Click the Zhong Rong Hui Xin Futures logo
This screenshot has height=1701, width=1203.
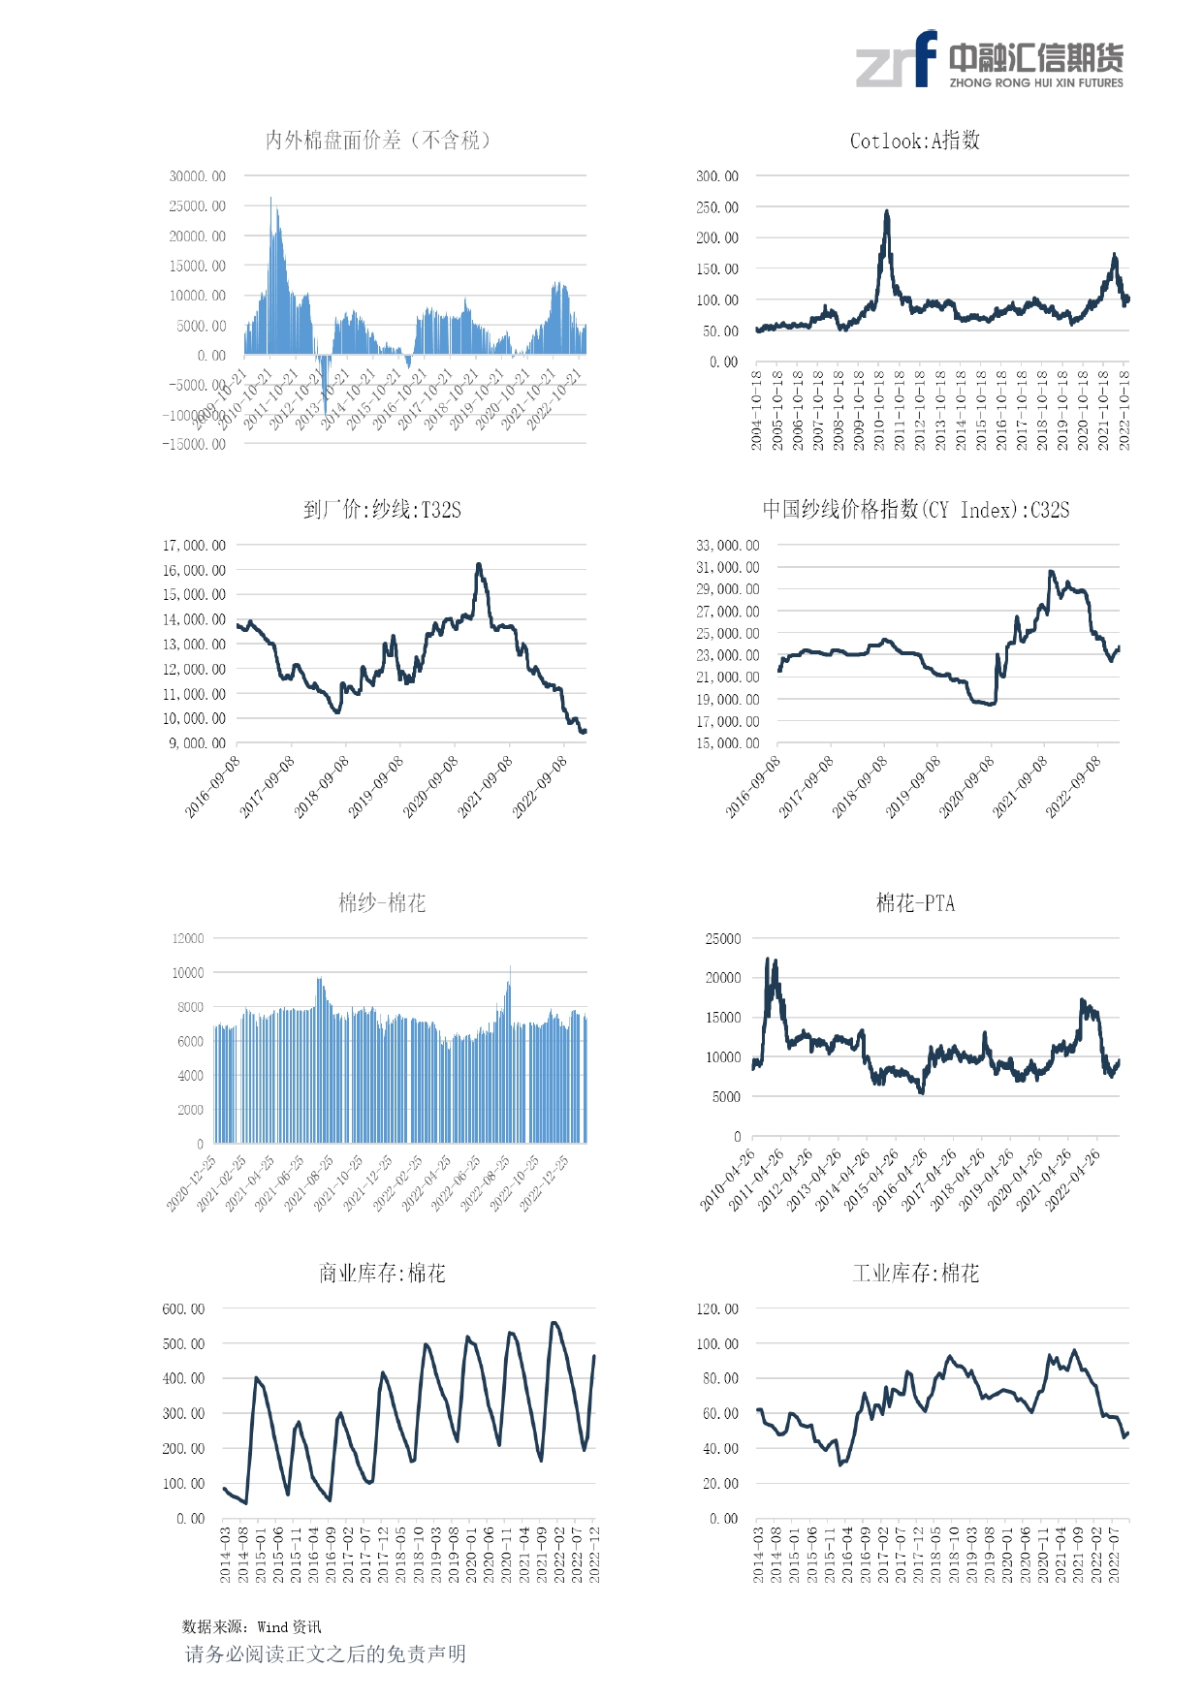tap(989, 60)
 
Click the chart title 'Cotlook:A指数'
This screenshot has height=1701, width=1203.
tap(914, 141)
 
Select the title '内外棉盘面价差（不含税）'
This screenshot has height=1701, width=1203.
tap(378, 141)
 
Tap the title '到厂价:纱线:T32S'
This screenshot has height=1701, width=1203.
tap(382, 510)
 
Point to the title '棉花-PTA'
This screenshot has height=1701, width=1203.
tap(915, 903)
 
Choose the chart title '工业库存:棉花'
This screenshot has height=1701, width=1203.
tap(915, 1274)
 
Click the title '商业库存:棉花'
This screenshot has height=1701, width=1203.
tap(382, 1274)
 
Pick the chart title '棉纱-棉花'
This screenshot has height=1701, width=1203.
tap(382, 903)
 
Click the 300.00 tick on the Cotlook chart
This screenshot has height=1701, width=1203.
tap(716, 176)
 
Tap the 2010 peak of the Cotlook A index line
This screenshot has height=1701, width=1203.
tap(886, 212)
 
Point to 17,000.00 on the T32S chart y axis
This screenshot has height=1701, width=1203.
tap(194, 546)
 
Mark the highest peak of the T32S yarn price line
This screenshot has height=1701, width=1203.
tap(479, 565)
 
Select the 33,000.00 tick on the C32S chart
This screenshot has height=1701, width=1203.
tap(727, 546)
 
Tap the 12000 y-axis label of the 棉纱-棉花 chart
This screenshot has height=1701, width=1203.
tap(188, 938)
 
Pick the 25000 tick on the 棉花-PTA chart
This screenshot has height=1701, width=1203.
tap(722, 939)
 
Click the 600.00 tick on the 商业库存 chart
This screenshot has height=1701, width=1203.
tap(183, 1309)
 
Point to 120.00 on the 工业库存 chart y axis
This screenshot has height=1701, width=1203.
tap(716, 1309)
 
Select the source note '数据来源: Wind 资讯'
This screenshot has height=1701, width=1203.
tap(251, 1627)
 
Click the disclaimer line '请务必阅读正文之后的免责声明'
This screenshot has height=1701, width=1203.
tap(326, 1654)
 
